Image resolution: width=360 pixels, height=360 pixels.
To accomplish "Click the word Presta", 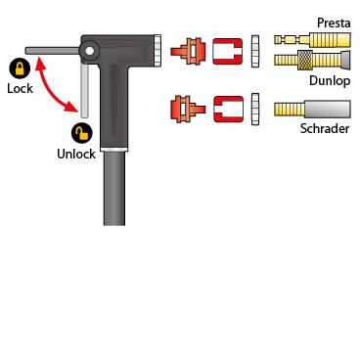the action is tap(334, 22).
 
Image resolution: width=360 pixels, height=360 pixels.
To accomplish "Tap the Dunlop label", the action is tap(330, 80).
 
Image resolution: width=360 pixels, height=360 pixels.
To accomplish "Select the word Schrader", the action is tap(325, 128).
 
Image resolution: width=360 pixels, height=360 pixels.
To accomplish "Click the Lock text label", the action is tap(20, 88).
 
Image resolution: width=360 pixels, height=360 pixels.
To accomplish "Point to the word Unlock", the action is tap(76, 154).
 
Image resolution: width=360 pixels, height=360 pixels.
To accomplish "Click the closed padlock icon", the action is tap(20, 68).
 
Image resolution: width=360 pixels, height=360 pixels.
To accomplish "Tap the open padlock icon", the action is tap(82, 133).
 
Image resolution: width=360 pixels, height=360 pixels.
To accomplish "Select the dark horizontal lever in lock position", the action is tap(52, 51).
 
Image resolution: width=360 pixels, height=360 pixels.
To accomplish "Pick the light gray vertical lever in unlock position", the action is tap(84, 90).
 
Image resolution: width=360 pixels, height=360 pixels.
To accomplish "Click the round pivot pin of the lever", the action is tap(90, 51).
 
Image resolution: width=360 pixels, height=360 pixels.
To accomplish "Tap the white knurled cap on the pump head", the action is tap(157, 51).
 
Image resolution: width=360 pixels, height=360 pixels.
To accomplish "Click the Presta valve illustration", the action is tap(312, 40).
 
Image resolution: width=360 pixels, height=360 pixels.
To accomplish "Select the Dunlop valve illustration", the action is tap(312, 60).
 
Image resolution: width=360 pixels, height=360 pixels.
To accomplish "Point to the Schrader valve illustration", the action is tap(312, 109).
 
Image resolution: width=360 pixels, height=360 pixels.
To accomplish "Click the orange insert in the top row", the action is tap(189, 51).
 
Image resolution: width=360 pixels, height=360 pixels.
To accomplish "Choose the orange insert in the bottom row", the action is tap(188, 110).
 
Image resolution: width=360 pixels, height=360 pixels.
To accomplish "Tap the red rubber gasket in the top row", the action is tap(228, 51).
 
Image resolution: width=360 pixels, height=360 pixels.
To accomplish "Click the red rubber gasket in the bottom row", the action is tap(229, 110).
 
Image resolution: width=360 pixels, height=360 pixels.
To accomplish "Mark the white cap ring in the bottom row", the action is tap(255, 110).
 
